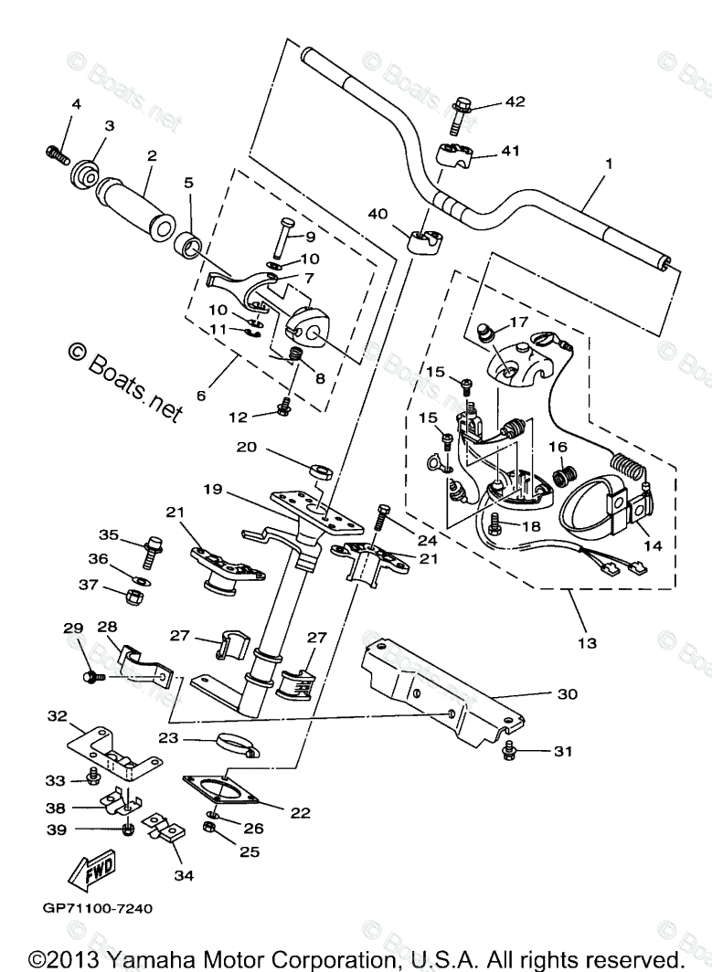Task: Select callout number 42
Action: point(515,102)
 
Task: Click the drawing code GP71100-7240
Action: point(96,908)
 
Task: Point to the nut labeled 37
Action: point(133,597)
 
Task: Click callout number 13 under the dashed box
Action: point(587,643)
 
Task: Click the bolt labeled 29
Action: point(92,677)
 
